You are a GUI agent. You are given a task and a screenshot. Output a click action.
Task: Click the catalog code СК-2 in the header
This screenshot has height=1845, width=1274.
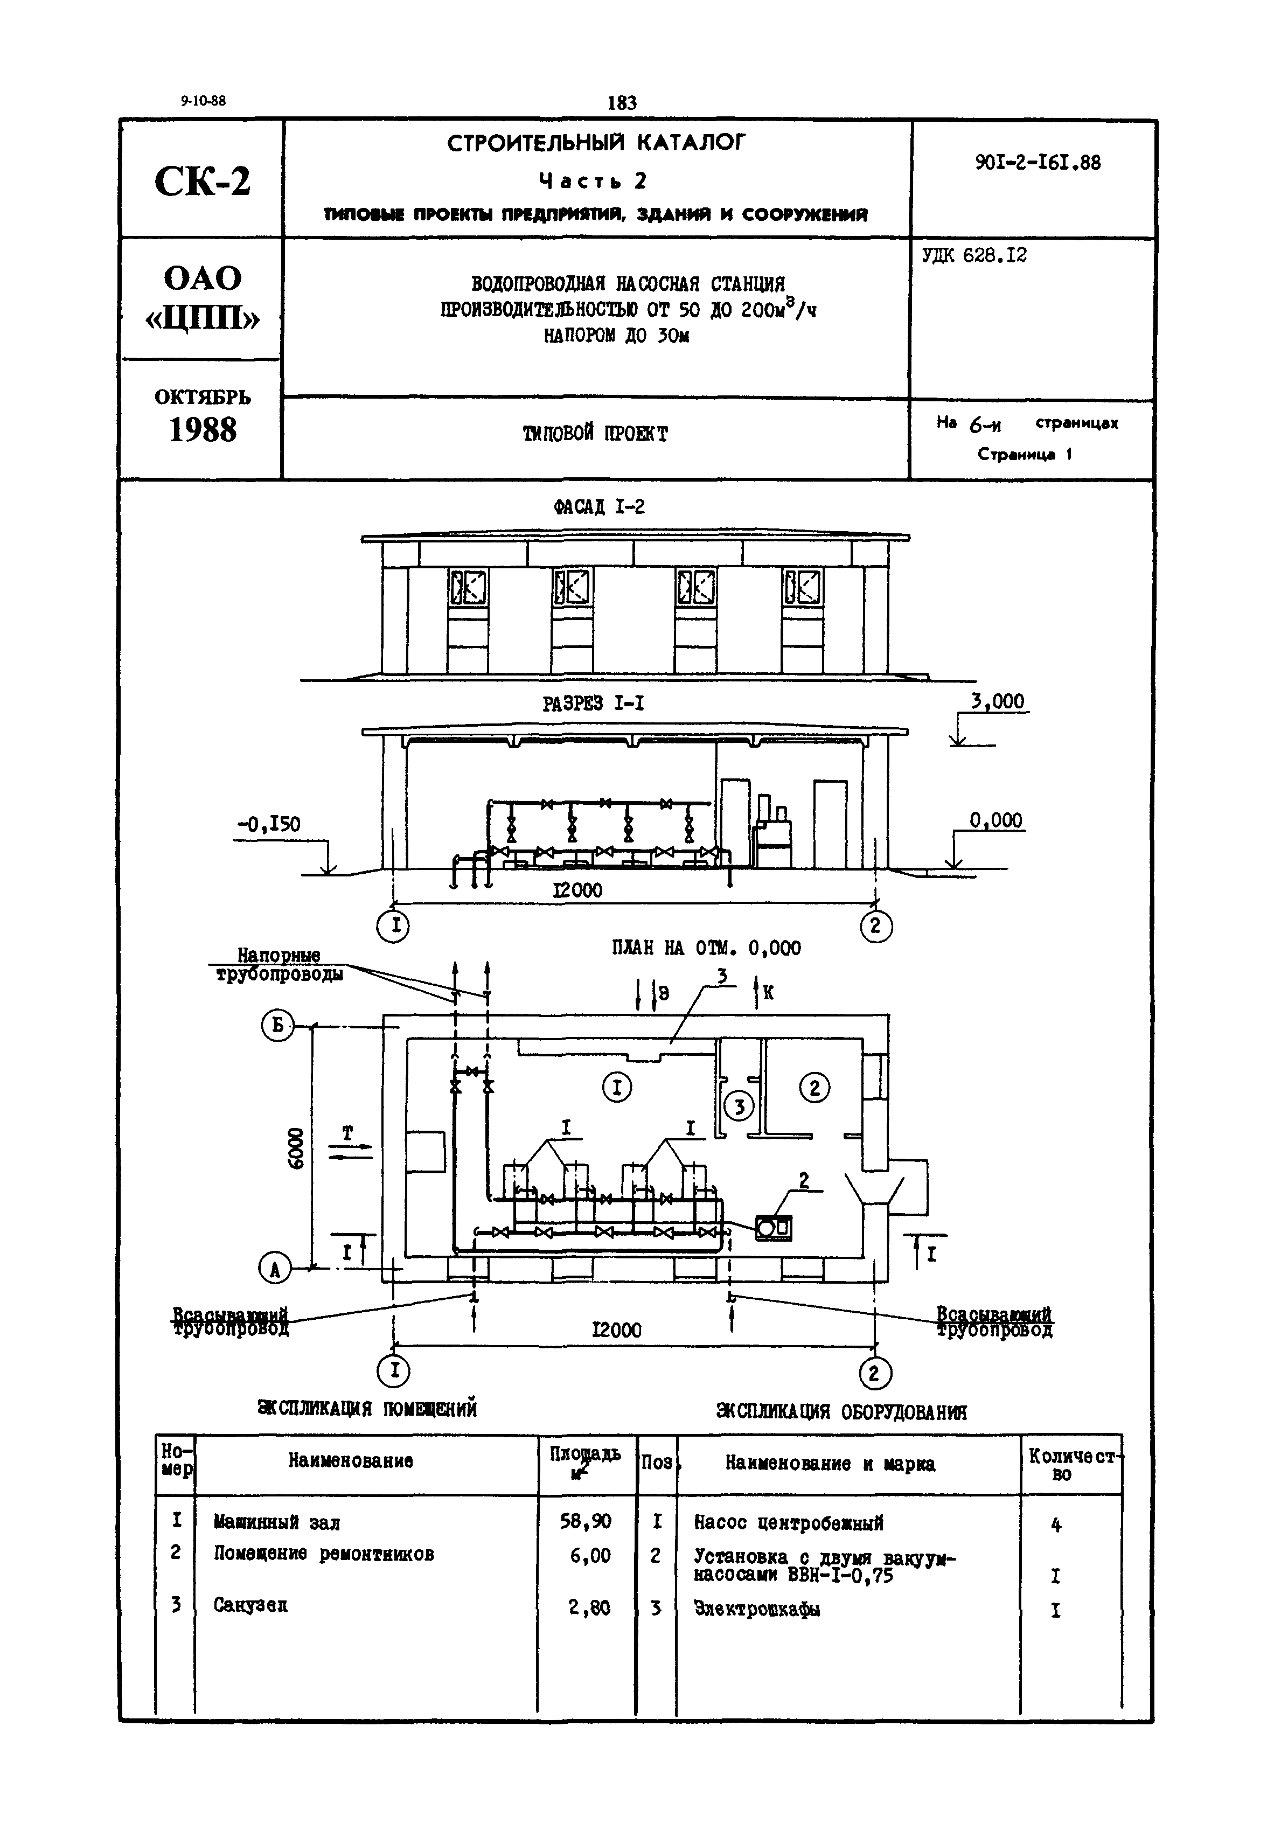pos(202,181)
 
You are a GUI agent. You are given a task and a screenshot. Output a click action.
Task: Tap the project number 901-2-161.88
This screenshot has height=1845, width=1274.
pos(1037,163)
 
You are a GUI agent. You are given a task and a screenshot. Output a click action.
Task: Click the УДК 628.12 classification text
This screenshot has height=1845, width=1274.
pos(974,255)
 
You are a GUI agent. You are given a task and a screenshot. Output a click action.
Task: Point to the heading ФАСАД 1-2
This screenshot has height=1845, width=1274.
pos(598,507)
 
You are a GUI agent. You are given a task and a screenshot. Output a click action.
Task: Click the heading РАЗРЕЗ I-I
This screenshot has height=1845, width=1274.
pos(593,704)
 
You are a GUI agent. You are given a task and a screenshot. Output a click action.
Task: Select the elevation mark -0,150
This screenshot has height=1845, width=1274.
pos(268,824)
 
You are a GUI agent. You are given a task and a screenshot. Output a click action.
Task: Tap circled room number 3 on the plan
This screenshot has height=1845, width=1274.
pos(739,1106)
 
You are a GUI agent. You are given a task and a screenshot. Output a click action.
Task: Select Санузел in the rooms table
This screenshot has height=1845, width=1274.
pos(250,1605)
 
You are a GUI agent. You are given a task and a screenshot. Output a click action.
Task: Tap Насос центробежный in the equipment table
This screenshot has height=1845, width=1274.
pos(788,1523)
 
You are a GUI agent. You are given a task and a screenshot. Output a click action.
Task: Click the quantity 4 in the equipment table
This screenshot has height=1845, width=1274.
pos(1055,1525)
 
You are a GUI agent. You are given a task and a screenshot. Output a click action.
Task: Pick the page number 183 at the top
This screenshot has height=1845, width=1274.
pos(622,102)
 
